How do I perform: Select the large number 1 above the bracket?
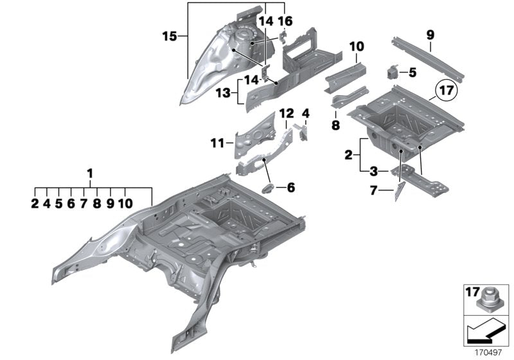coord(90,174)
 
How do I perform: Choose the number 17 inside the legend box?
coord(472,292)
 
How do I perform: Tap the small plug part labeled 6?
coord(269,188)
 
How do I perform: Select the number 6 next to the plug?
coord(290,188)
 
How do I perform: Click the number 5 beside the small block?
coord(412,73)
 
